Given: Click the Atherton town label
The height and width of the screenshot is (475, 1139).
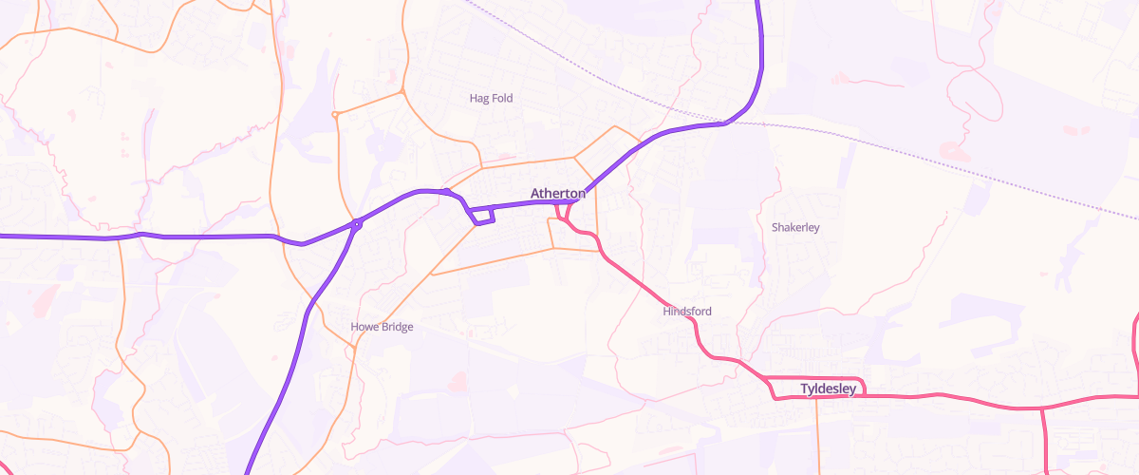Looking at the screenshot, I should (557, 194).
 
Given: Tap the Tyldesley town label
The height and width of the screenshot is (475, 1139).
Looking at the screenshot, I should (829, 389).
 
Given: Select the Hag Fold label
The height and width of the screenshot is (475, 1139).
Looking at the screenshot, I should (491, 98).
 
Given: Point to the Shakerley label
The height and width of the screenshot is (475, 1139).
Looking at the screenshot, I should (795, 228).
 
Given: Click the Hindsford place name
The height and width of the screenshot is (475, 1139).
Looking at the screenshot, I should (686, 312).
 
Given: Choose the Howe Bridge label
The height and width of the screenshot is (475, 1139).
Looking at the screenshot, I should (382, 327).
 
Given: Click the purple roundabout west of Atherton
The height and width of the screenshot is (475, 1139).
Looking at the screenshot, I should (357, 225).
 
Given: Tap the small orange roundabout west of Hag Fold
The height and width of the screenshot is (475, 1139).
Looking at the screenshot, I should (335, 115).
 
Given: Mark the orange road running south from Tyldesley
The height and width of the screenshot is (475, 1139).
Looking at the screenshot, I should (817, 437).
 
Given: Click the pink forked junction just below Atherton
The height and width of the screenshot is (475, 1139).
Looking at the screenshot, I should (562, 218).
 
